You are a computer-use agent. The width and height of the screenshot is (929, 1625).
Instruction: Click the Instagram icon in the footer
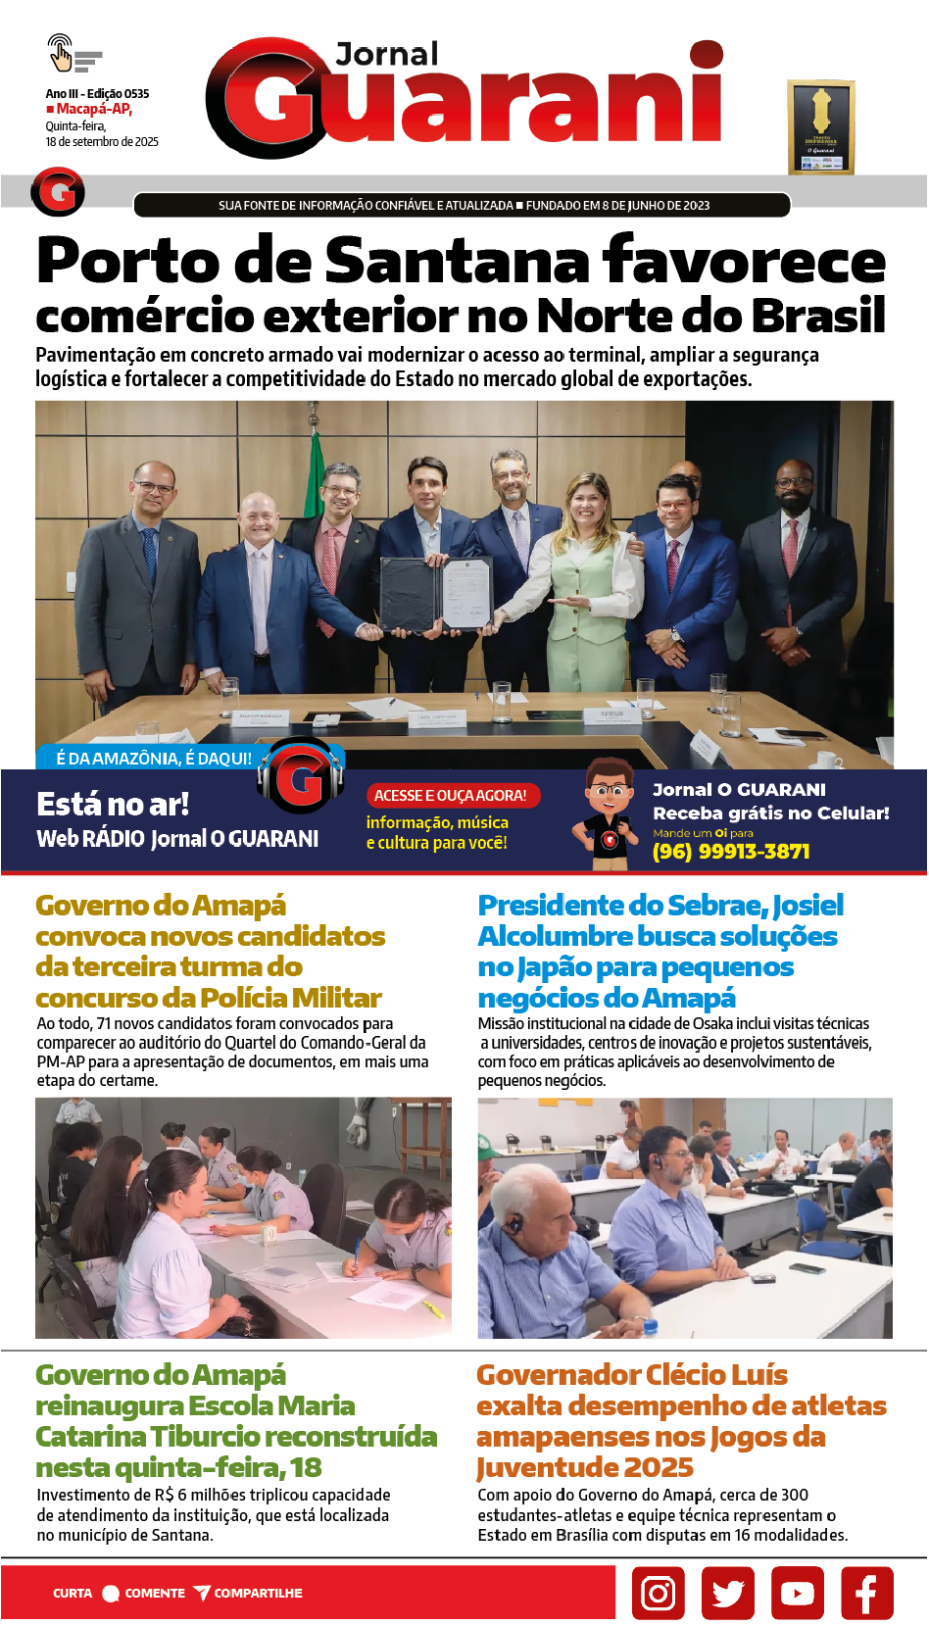[658, 1593]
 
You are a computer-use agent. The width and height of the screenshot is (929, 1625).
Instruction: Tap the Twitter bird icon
[727, 1593]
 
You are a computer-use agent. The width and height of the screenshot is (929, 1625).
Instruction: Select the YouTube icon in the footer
[797, 1593]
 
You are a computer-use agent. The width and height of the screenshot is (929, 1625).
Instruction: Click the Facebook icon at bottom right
[866, 1593]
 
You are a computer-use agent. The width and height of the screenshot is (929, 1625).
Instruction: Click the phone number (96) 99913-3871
[731, 852]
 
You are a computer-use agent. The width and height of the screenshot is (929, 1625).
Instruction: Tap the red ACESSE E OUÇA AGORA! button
[451, 796]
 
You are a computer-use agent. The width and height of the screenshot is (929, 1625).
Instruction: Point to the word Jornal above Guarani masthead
[387, 55]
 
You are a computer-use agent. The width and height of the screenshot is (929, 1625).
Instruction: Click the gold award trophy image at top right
[821, 127]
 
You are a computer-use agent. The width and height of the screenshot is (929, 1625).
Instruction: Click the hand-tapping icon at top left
[61, 53]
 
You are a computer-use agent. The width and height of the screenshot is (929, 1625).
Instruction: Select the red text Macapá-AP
[94, 110]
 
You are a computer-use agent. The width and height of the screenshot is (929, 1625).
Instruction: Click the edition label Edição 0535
[118, 94]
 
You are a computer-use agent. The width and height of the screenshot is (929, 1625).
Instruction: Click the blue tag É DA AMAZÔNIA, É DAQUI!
[154, 759]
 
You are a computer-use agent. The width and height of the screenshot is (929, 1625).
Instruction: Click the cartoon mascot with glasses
[609, 812]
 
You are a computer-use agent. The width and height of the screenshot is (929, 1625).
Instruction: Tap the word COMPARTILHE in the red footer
[258, 1594]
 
